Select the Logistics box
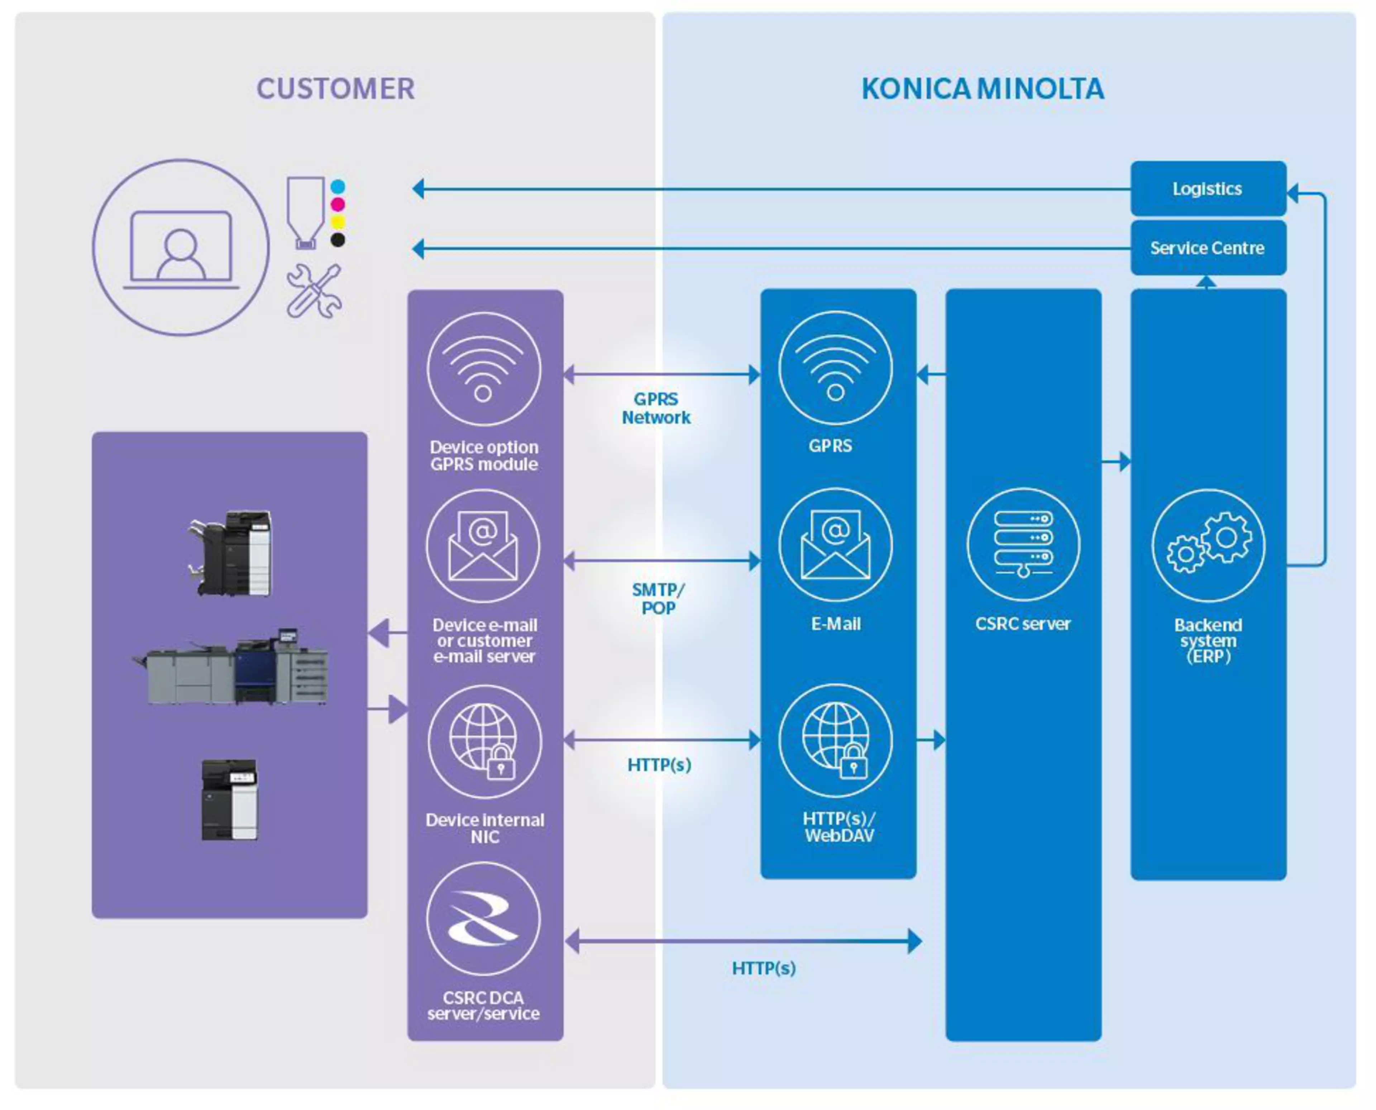(x=1208, y=189)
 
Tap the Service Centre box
(x=1208, y=248)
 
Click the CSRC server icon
(x=1023, y=545)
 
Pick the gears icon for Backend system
(x=1208, y=545)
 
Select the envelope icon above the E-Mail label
(x=835, y=545)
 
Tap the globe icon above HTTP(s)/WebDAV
(x=835, y=740)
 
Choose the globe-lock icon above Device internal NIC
(x=484, y=742)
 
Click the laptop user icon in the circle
(x=181, y=248)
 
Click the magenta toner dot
(x=338, y=205)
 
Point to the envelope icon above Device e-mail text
(x=484, y=546)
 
